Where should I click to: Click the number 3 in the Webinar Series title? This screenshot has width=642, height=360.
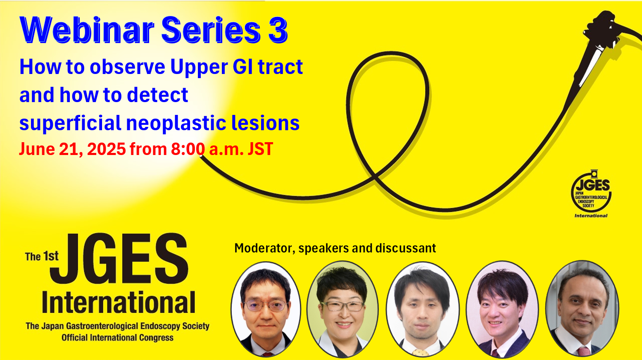tap(278, 30)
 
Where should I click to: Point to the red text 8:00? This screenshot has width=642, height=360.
tap(188, 149)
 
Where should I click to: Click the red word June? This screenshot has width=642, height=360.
tap(37, 149)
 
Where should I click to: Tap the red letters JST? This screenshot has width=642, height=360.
tap(260, 149)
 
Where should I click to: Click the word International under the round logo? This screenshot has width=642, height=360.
tap(591, 216)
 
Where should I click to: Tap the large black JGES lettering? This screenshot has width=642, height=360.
tap(119, 258)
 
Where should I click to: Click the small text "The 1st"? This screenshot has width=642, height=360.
tap(42, 256)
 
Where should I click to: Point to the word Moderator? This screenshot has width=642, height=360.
tap(265, 248)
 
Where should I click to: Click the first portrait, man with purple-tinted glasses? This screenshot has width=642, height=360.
tap(266, 309)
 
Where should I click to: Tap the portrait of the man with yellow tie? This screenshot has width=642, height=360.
tap(423, 309)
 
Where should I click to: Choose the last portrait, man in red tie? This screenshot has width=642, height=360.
tap(582, 309)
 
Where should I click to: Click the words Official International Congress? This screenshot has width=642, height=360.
tap(117, 338)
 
